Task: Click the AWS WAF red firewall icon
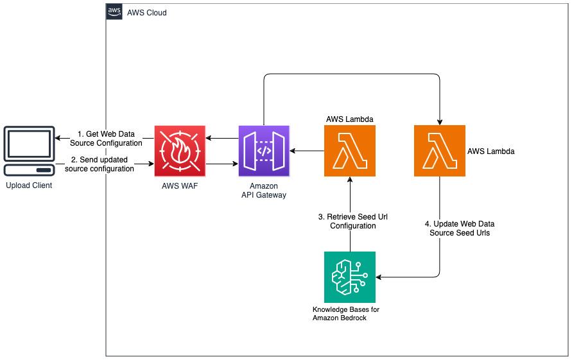[180, 151]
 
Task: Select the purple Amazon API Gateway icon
[264, 151]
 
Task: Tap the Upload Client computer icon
[28, 151]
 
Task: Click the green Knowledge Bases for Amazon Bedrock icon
[349, 277]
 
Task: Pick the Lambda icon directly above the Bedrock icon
[349, 151]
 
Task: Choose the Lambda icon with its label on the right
[439, 151]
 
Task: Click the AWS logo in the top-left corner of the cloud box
[115, 12]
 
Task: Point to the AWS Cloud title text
[147, 12]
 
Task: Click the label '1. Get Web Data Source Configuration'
[105, 138]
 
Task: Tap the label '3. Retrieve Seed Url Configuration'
[352, 221]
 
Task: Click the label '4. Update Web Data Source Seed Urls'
[460, 228]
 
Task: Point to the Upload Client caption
[28, 185]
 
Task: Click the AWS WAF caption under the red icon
[180, 185]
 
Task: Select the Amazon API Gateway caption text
[264, 190]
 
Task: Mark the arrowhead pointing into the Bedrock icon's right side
[379, 277]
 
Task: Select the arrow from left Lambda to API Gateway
[307, 151]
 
